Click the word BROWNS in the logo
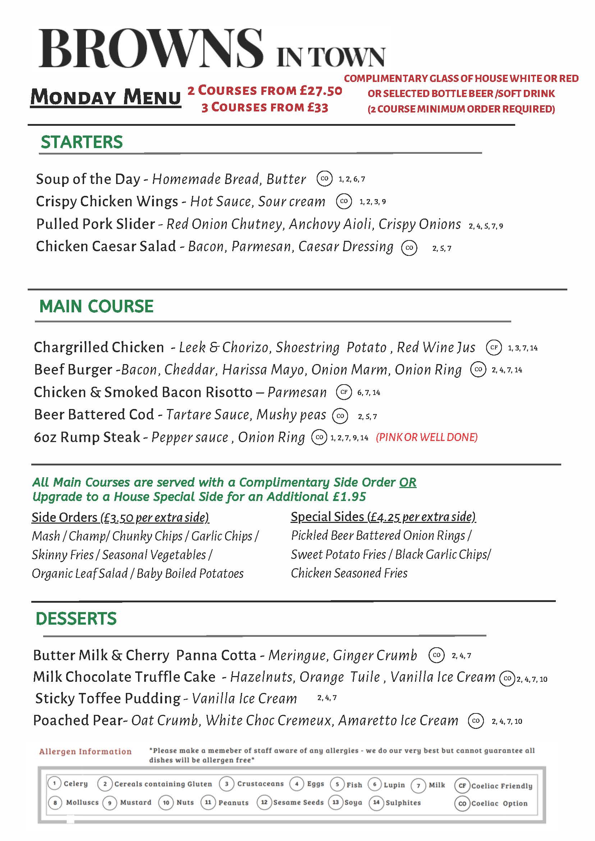pos(150,50)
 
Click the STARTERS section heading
pos(82,142)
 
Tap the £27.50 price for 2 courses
pos(321,91)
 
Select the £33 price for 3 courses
pos(317,107)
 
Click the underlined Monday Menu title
pos(105,97)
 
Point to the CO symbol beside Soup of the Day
pos(324,179)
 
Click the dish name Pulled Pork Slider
pos(95,224)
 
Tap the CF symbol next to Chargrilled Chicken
pos(494,347)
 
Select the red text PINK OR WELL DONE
pos(426,437)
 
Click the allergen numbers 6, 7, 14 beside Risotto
pos(369,393)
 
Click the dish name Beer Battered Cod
pos(94,414)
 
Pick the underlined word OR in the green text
pos(407,482)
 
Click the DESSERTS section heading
pos(76,619)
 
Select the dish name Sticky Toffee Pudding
pos(108,699)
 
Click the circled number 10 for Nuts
pos(166,803)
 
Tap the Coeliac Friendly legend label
pos(502,786)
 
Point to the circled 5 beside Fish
pos(338,784)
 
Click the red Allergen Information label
pos(85,752)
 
